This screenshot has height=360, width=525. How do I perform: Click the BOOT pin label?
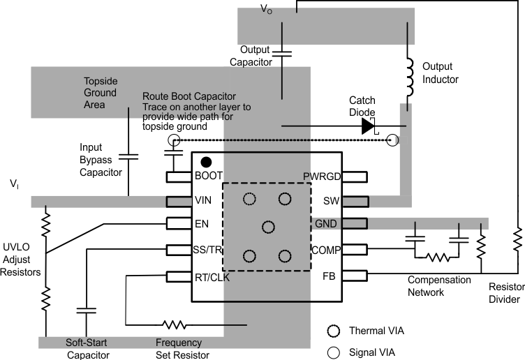(x=208, y=177)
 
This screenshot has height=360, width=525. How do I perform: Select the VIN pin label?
(x=203, y=201)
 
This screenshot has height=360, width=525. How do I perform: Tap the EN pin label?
(x=201, y=225)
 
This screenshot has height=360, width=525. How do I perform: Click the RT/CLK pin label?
(x=212, y=277)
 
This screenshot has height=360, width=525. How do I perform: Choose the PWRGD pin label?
(x=322, y=177)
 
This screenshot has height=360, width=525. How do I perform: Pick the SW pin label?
(x=332, y=201)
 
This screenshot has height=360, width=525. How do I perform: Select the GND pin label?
(x=328, y=225)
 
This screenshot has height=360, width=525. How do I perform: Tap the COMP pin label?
(x=325, y=250)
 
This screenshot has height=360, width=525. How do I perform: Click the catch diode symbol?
(x=369, y=126)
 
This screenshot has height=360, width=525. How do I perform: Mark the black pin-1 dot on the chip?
(x=206, y=162)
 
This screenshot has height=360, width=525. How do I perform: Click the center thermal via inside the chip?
(x=267, y=227)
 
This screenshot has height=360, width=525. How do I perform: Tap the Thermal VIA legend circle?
(x=333, y=330)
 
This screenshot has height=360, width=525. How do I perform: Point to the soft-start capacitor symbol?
(x=87, y=310)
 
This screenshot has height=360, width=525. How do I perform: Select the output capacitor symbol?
(x=281, y=52)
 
